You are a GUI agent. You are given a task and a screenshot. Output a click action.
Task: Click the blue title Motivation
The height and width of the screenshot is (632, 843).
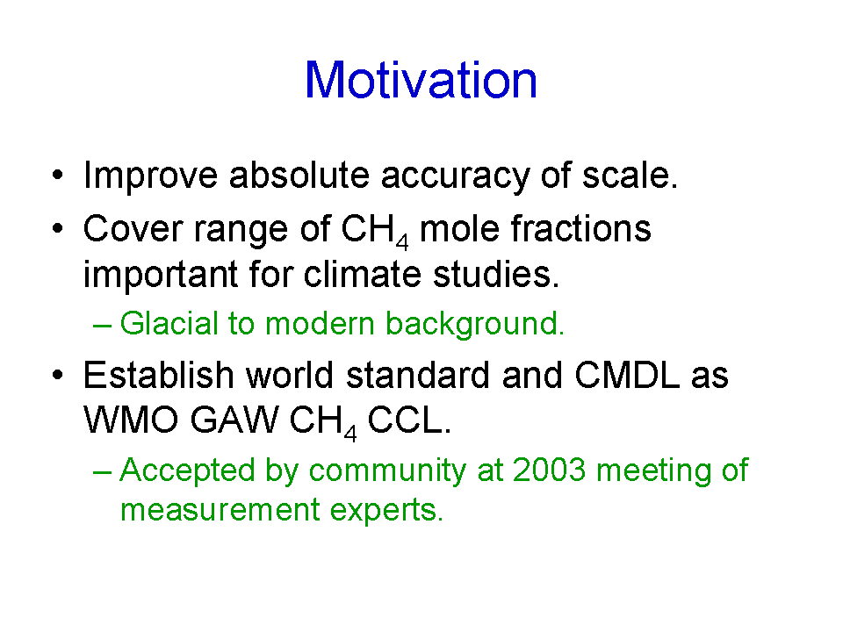(x=421, y=80)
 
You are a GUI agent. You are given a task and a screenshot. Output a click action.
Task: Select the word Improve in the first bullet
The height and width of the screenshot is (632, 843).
(x=150, y=176)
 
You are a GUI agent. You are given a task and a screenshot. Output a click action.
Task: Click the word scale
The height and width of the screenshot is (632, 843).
(x=630, y=176)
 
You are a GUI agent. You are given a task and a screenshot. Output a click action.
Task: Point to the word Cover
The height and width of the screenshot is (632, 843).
(x=133, y=229)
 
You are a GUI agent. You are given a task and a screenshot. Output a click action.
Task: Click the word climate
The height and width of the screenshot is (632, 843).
(x=363, y=274)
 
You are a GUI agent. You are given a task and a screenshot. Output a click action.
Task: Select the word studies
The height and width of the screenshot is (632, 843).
(x=495, y=274)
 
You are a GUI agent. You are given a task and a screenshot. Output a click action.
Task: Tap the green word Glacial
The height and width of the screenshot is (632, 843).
(x=169, y=323)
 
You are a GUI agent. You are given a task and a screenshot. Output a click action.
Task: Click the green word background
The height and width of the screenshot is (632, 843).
(x=475, y=324)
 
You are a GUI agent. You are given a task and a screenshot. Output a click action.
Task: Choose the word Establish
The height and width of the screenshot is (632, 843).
(x=159, y=375)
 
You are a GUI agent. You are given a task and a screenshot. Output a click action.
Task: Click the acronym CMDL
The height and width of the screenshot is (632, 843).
(x=627, y=375)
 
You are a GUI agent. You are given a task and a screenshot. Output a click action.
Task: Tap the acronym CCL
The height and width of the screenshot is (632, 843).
(x=409, y=420)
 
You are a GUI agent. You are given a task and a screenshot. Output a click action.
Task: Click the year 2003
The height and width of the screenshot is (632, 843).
(x=548, y=470)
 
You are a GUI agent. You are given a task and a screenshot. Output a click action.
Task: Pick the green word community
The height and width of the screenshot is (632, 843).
(x=387, y=471)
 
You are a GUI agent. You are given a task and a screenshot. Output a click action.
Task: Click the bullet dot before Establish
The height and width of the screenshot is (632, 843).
(x=58, y=375)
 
